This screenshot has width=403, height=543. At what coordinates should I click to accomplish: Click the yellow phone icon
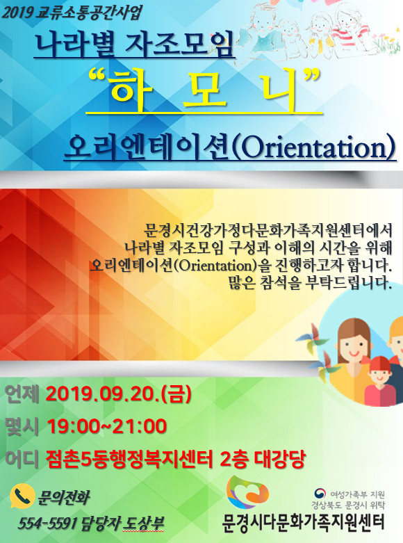coord(22,496)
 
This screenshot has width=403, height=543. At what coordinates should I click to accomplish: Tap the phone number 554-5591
coord(47,524)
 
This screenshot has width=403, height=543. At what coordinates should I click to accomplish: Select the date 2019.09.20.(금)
coord(118,394)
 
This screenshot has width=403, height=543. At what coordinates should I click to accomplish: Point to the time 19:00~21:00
coord(106,426)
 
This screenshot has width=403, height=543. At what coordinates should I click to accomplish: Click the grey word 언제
coord(22,394)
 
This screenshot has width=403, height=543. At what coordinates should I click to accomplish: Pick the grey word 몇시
coord(22,426)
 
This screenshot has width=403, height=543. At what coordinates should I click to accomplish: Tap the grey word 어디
coord(22,459)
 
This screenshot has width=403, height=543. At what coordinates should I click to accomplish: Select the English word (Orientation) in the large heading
coord(313,148)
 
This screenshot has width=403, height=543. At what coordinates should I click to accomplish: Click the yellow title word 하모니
coord(204,90)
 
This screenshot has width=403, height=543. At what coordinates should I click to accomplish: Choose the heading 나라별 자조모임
coord(135,44)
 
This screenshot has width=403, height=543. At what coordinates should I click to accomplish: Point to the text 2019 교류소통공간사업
coord(72,13)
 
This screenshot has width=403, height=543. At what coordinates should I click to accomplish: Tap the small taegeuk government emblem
coord(320,493)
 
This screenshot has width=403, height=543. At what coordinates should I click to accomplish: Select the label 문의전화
coord(63,497)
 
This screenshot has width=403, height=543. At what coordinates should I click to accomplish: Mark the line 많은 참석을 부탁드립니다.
coord(310,284)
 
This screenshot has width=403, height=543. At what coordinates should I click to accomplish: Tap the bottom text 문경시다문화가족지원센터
coord(303,522)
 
